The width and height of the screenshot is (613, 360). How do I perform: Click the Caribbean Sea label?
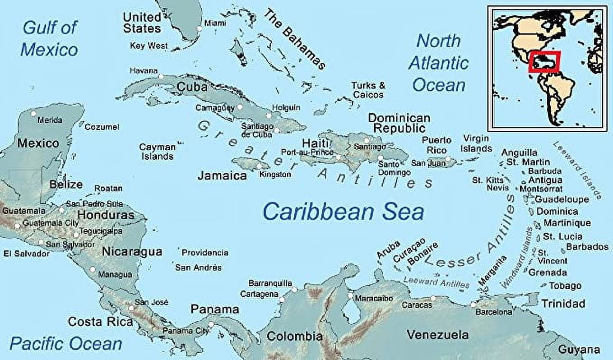tap(343, 212)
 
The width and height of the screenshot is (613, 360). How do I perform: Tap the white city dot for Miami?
tap(200, 28)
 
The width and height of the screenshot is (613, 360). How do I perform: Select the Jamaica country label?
tap(222, 175)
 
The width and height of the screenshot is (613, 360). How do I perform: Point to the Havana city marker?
tap(161, 76)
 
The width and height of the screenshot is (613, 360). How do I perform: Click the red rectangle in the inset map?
tap(544, 62)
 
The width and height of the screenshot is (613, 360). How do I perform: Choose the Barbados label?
tap(587, 247)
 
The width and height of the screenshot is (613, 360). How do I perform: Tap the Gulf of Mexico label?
tap(50, 38)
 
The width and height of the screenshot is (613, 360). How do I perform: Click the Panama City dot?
tap(211, 324)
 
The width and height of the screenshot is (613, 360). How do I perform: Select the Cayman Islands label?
tap(157, 152)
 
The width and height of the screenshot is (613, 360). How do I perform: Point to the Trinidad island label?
tap(563, 303)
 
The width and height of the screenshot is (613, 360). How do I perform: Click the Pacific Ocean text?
tap(66, 344)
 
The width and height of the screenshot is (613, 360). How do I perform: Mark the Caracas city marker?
tap(433, 298)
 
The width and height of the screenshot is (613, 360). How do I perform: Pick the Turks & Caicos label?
tap(368, 90)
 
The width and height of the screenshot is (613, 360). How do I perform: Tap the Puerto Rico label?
tap(434, 145)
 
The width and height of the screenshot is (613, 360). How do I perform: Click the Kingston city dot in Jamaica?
tap(259, 166)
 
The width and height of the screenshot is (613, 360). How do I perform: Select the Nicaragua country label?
tap(132, 251)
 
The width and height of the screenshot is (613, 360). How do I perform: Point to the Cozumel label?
tap(102, 127)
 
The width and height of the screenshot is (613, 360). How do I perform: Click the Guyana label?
tap(579, 349)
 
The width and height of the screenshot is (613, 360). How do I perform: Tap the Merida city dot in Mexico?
tap(33, 114)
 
